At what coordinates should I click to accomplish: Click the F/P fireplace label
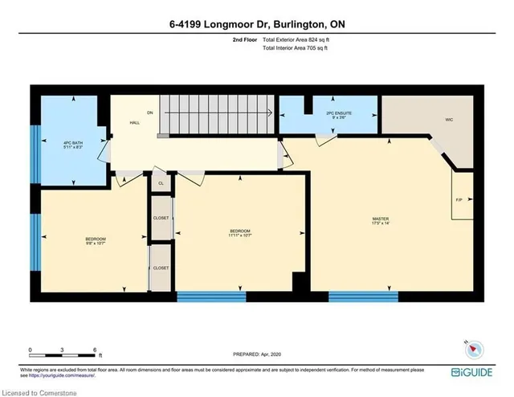coord(459,199)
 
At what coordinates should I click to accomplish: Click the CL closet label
coord(161,183)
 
